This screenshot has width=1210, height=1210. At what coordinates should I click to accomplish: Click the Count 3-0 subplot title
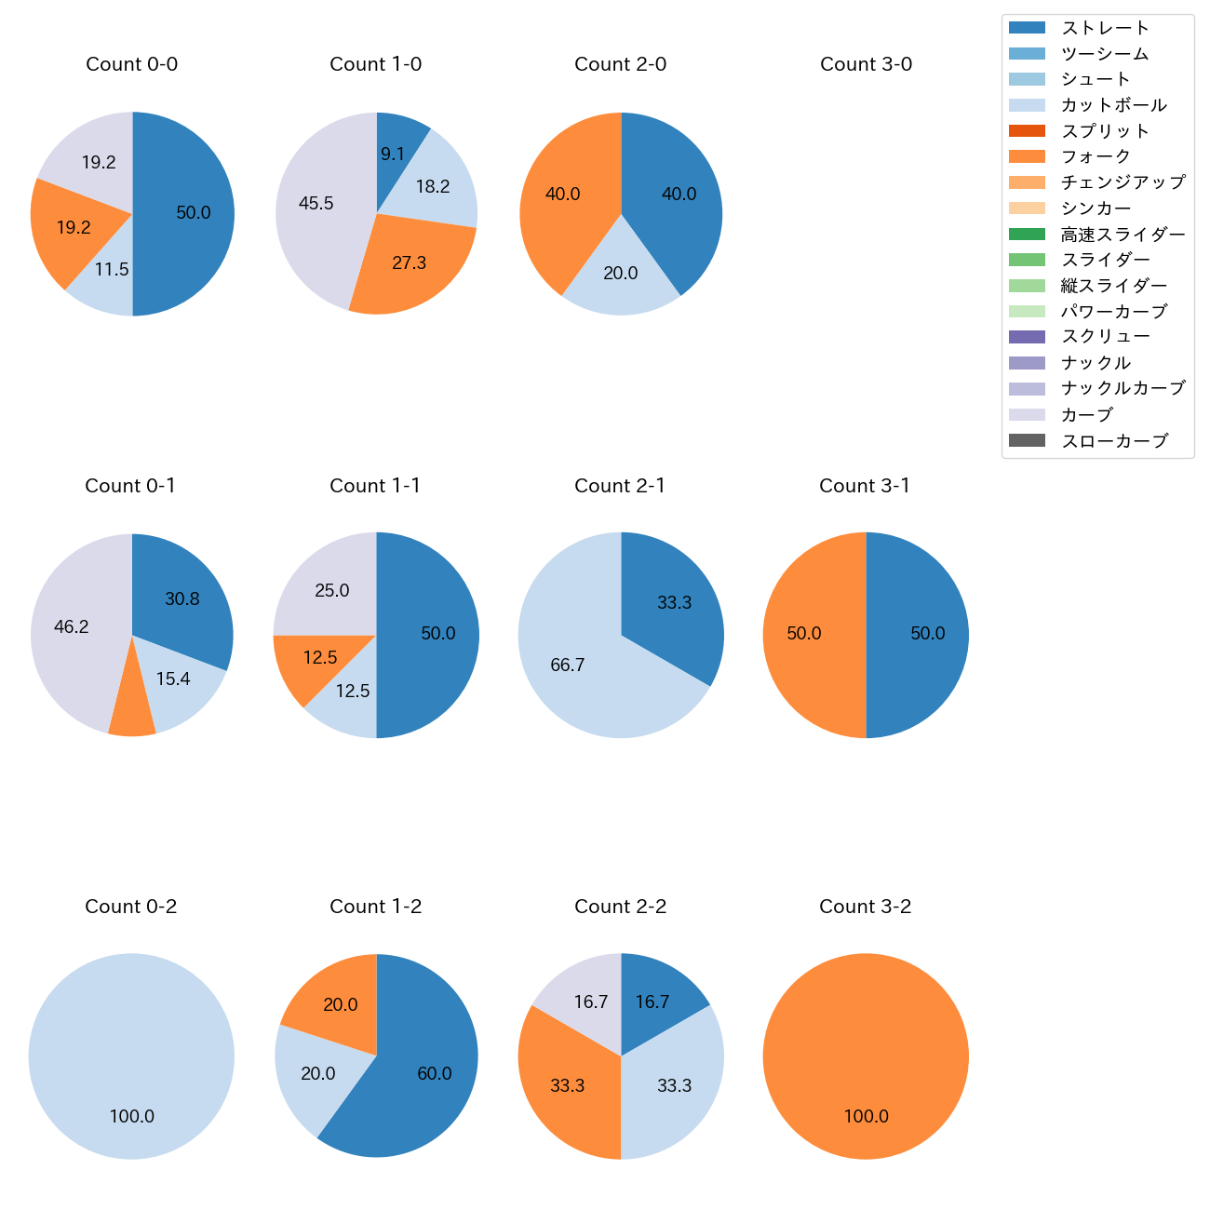(x=866, y=64)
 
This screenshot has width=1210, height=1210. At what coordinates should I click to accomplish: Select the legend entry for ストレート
(x=1105, y=28)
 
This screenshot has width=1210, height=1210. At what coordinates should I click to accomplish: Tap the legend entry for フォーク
(x=1096, y=156)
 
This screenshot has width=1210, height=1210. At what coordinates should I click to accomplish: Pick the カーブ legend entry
(x=1087, y=414)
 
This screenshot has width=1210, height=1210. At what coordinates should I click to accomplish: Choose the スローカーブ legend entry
(x=1114, y=440)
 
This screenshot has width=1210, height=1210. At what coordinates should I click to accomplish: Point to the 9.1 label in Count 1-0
(x=393, y=154)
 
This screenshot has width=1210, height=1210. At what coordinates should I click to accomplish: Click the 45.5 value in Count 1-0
(x=316, y=203)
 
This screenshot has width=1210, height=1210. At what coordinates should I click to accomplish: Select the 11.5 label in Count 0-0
(x=112, y=269)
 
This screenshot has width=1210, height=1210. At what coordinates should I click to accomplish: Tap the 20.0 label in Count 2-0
(x=621, y=273)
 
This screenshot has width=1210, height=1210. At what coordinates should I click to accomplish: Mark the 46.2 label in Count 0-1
(x=72, y=626)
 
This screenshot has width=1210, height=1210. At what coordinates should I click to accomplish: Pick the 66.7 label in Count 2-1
(x=568, y=665)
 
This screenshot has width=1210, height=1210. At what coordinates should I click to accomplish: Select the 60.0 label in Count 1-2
(x=435, y=1073)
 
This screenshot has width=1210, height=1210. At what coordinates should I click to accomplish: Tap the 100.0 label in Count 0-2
(x=132, y=1116)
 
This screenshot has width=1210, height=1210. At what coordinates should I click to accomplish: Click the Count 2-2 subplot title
(x=621, y=907)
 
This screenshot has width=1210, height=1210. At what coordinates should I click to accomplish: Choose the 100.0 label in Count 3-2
(x=866, y=1116)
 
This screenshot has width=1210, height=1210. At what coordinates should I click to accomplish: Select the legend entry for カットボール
(x=1113, y=105)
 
